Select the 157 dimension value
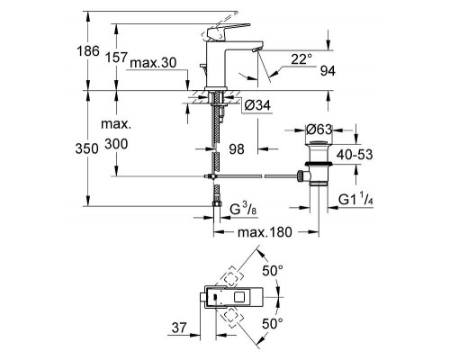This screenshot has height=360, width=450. coord(117,57)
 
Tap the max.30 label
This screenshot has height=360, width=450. coord(153,63)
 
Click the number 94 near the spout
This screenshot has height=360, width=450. coord(328,71)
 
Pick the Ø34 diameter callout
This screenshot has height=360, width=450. coord(257,105)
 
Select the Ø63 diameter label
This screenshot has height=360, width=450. coord(319,130)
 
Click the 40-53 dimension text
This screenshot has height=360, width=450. coord(355,155)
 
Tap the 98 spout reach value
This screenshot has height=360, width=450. coord(237,149)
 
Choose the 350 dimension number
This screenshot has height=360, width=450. coord(86,148)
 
